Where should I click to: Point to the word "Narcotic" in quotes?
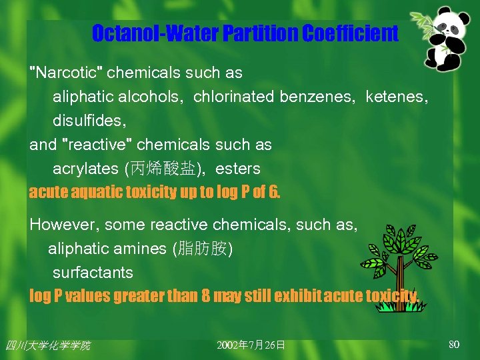pyautogui.click(x=66, y=73)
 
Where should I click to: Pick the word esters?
pyautogui.click(x=238, y=169)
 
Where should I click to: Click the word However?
pyautogui.click(x=59, y=225)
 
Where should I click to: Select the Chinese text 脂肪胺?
pyautogui.click(x=203, y=249)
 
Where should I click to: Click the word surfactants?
pyautogui.click(x=93, y=273)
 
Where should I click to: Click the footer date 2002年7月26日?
pyautogui.click(x=251, y=345)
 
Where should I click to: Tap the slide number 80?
pyautogui.click(x=454, y=344)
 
